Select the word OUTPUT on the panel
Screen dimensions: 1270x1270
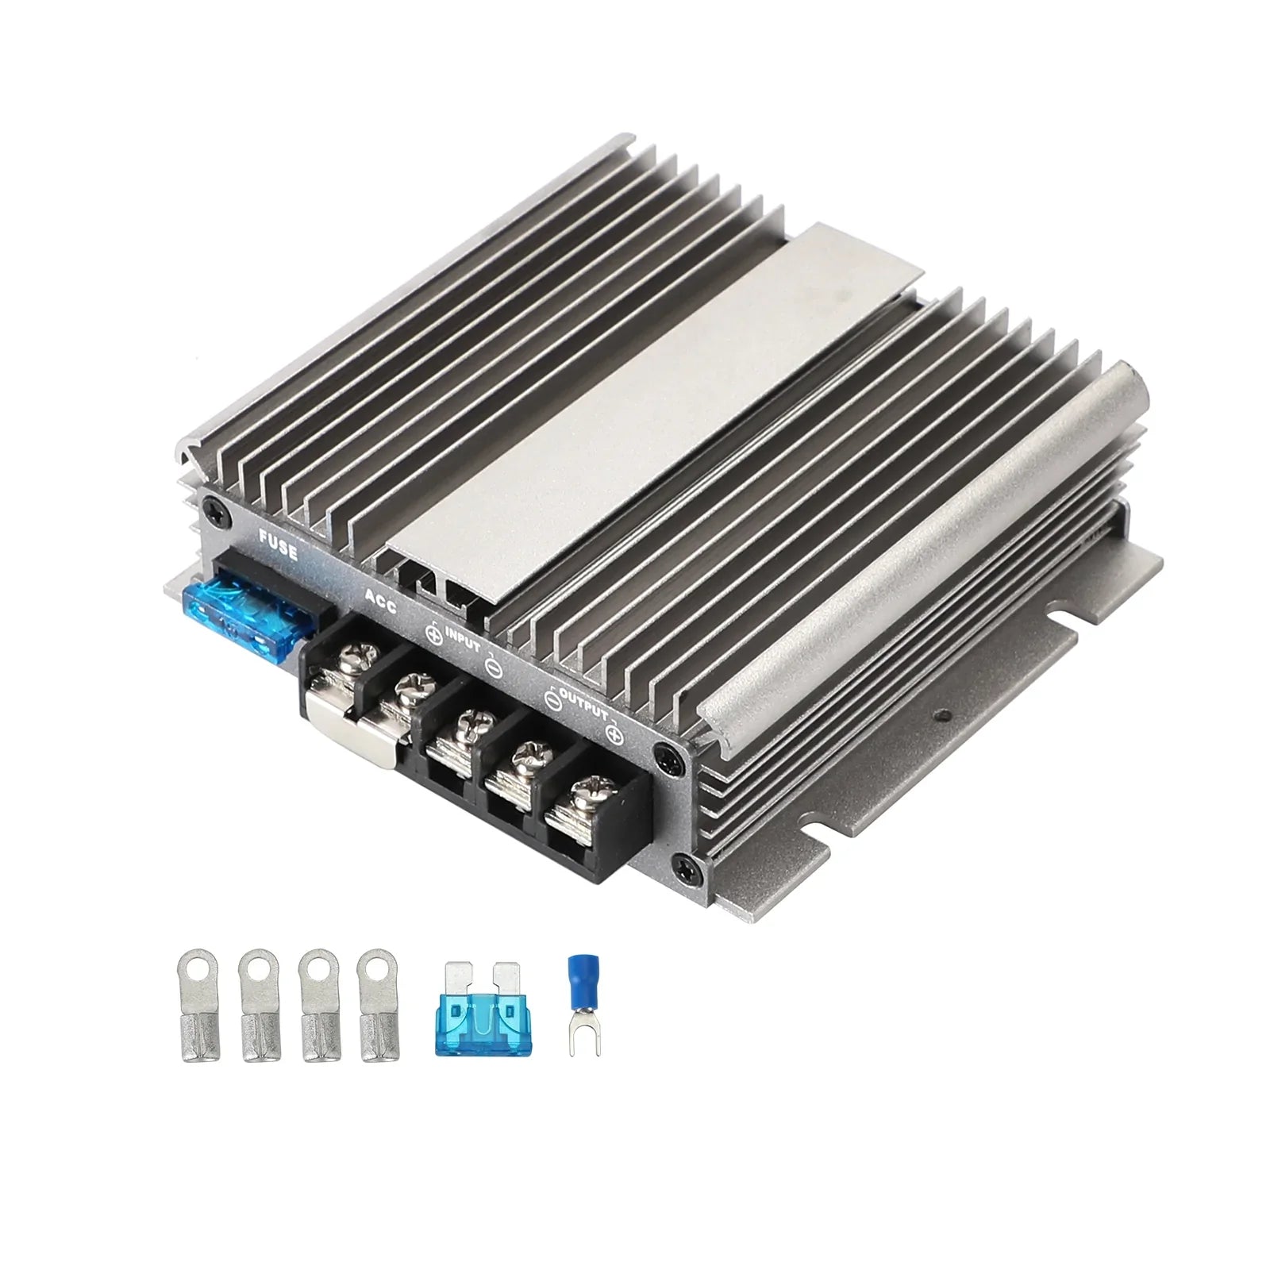583,703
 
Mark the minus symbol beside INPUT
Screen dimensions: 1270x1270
492,669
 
